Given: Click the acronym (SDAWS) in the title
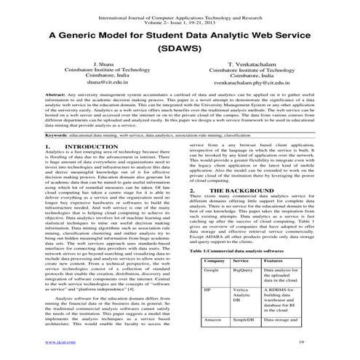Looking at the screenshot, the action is pos(180,52).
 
